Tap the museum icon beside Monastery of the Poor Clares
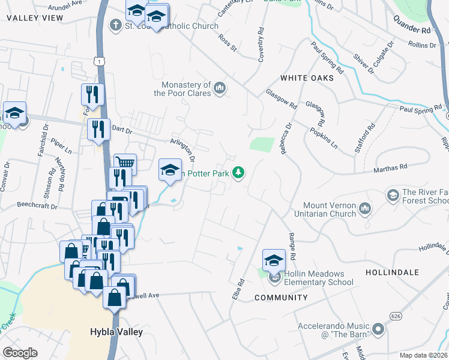point(220,89)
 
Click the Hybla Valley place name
point(115,331)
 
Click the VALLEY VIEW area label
point(35,18)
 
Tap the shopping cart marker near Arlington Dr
point(125,163)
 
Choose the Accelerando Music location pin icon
point(378,329)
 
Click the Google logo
point(20,353)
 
